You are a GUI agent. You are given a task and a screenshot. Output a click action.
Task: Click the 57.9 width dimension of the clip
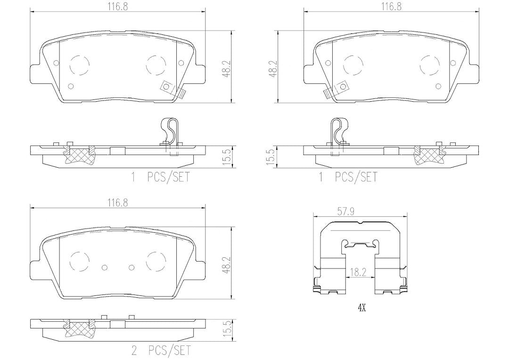click(346, 212)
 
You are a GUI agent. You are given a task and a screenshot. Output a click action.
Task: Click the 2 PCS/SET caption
click(161, 350)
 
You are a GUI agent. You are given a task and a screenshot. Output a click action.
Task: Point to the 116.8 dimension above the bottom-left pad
click(118, 203)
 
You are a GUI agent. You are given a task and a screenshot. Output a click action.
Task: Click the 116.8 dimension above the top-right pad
click(391, 7)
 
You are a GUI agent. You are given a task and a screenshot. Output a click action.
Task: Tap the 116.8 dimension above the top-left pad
click(118, 7)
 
